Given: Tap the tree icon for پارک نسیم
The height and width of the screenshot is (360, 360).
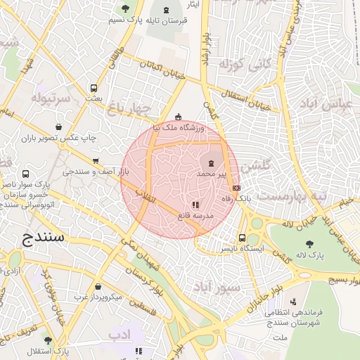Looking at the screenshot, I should [125, 9].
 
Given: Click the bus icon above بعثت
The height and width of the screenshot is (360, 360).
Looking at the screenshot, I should [94, 89].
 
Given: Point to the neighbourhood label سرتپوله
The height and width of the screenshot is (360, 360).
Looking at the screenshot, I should [51, 98].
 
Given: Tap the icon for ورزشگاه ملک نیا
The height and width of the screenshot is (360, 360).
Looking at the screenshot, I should [179, 117].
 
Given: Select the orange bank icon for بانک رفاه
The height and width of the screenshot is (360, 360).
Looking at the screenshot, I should [236, 188].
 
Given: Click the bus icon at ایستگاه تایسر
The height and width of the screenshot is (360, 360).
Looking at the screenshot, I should [243, 238].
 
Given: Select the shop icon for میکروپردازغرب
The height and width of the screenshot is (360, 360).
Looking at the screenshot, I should [96, 286].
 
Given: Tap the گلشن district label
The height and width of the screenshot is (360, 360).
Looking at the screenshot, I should [256, 166].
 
